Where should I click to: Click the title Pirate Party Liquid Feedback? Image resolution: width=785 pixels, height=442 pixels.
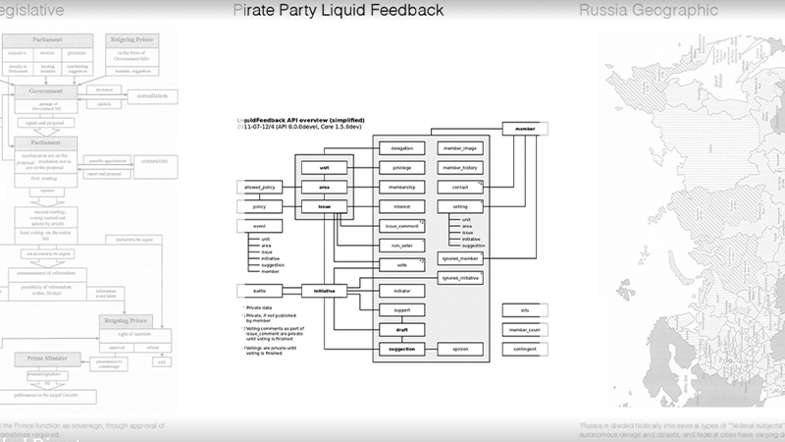(338, 11)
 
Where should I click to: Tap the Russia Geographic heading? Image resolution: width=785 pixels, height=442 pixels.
(648, 11)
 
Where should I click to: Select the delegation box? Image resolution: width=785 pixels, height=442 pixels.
(401, 148)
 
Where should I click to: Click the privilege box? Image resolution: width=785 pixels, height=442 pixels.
(401, 168)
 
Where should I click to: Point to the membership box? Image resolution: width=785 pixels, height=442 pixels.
(401, 187)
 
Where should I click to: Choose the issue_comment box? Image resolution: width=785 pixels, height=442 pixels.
(401, 226)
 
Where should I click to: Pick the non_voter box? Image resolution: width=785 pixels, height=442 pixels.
(401, 246)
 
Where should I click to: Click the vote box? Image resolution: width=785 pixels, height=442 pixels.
(401, 265)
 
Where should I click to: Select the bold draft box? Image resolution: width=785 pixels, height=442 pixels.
(401, 330)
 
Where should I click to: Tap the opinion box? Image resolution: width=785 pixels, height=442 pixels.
(459, 349)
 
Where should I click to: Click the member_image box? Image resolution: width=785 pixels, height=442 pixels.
(459, 148)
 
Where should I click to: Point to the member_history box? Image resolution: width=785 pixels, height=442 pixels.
(459, 168)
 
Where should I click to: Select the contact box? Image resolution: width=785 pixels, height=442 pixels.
(459, 187)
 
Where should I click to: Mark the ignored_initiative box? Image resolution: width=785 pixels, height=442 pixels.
(459, 279)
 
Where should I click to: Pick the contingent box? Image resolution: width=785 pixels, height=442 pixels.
(525, 349)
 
